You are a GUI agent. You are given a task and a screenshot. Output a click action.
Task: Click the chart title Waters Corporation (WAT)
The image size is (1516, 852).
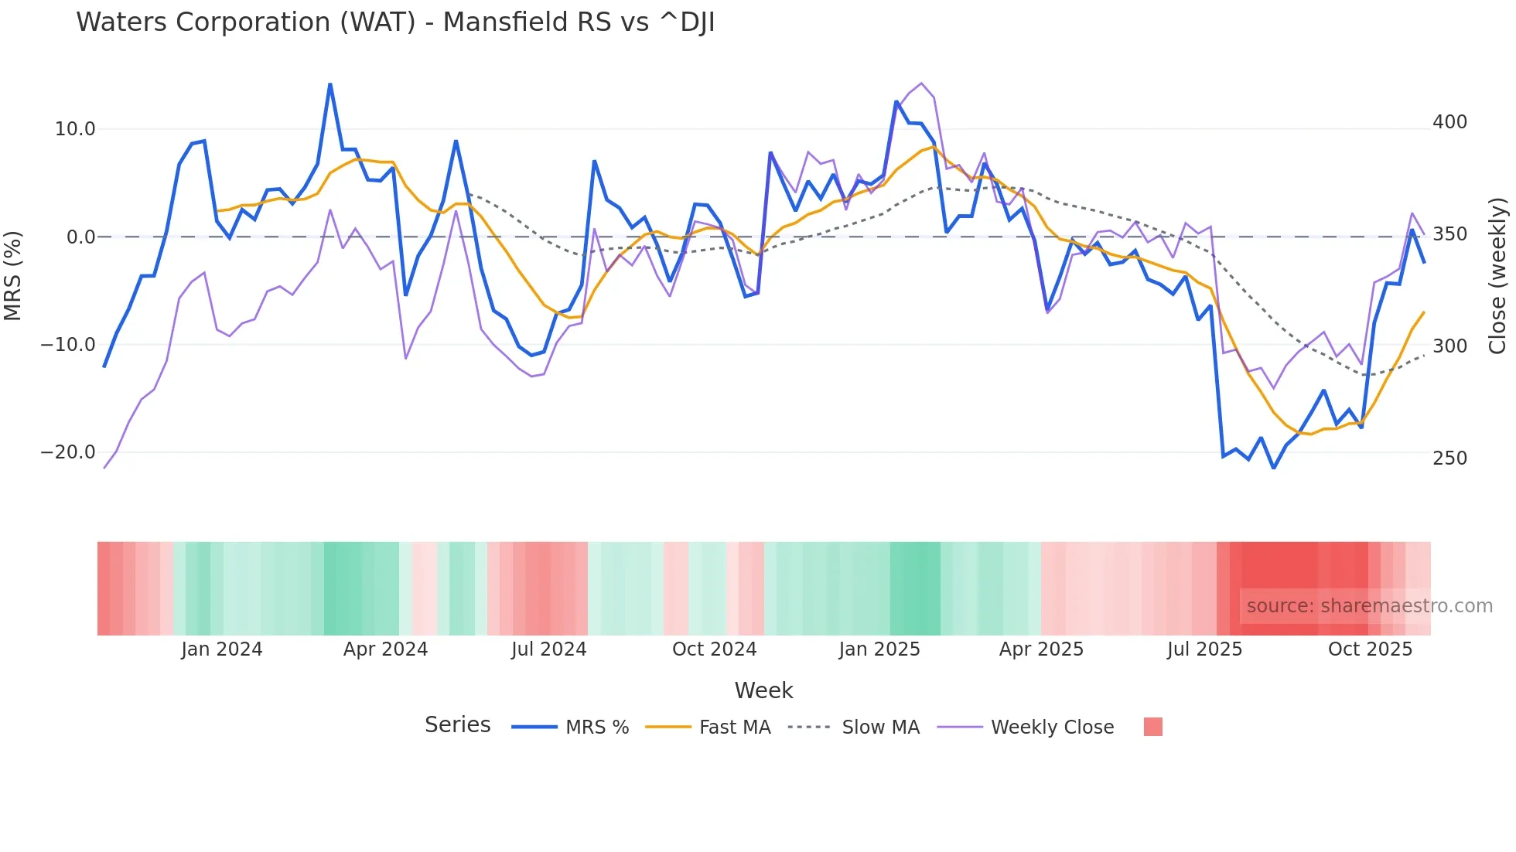[395, 22]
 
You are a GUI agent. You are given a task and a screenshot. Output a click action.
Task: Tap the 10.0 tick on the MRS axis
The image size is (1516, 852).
[74, 129]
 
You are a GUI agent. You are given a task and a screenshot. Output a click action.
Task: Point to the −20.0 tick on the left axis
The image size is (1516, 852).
[68, 452]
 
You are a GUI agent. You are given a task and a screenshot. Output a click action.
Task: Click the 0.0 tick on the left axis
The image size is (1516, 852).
[80, 237]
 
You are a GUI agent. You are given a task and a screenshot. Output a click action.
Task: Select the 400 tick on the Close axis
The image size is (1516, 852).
[1449, 122]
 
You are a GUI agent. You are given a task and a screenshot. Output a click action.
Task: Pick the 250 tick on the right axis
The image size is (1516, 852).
[1449, 458]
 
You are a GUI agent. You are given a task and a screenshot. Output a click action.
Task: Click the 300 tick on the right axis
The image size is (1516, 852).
[1449, 346]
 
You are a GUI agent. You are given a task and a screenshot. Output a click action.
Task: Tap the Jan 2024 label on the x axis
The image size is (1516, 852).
[222, 649]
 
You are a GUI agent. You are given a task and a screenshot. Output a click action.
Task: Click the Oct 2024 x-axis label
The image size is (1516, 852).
[714, 649]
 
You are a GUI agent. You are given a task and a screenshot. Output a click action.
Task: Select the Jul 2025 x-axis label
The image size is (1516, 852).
[1204, 649]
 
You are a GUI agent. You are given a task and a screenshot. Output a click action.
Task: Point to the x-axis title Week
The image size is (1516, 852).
[763, 690]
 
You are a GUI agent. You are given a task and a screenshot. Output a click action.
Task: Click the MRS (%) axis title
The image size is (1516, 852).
[13, 275]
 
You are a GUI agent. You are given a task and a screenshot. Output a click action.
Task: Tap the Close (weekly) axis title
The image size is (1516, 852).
[1497, 276]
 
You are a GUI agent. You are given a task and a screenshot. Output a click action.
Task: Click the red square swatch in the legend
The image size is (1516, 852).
[1152, 727]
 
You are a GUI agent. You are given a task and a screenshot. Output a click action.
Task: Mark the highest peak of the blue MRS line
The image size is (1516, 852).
[330, 84]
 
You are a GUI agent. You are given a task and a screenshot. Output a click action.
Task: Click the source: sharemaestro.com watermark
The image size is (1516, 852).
[1369, 606]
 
